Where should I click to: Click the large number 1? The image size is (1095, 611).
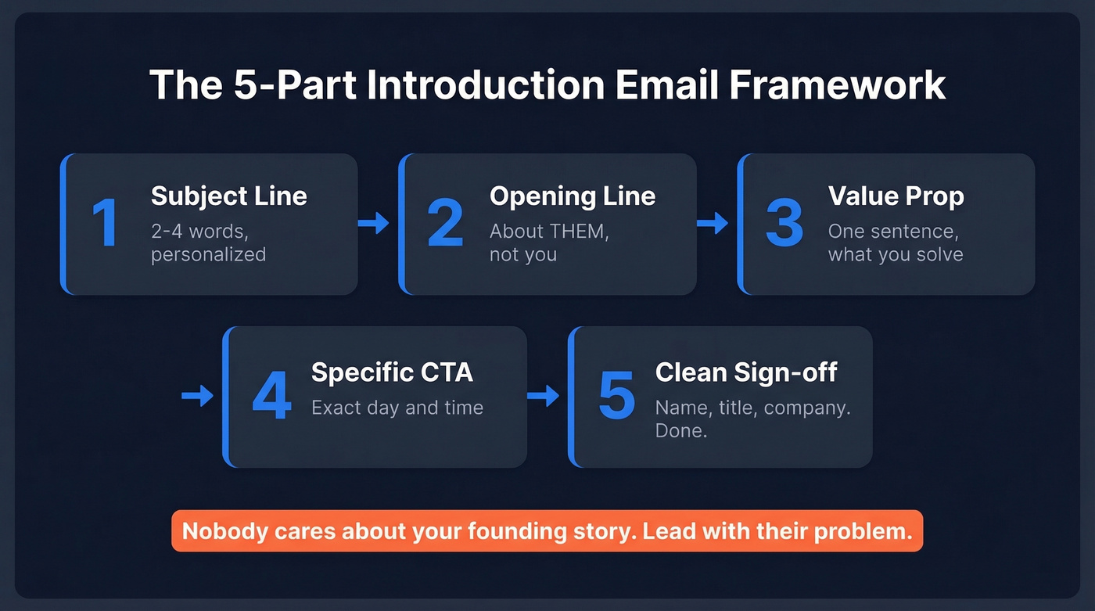[105, 224]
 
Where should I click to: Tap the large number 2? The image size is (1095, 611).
[445, 224]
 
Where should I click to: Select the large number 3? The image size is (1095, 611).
[784, 224]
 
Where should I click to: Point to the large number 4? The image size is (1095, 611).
[271, 397]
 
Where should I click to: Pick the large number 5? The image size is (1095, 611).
[616, 397]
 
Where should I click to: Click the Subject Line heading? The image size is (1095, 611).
[228, 196]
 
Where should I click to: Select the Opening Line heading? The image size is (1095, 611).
[572, 196]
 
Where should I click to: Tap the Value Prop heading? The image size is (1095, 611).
[896, 196]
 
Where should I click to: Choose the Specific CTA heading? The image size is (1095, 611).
[392, 372]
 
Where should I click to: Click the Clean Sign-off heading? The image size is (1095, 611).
[745, 372]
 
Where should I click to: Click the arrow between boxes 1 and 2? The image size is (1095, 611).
[374, 224]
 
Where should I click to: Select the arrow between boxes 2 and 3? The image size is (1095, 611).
[712, 224]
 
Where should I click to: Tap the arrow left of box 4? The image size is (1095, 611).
[197, 397]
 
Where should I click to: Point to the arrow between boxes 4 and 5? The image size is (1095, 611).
[543, 397]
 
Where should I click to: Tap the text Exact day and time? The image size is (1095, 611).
[397, 408]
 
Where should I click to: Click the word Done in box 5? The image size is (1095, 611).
[680, 430]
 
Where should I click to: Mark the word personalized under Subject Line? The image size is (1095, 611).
[208, 255]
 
